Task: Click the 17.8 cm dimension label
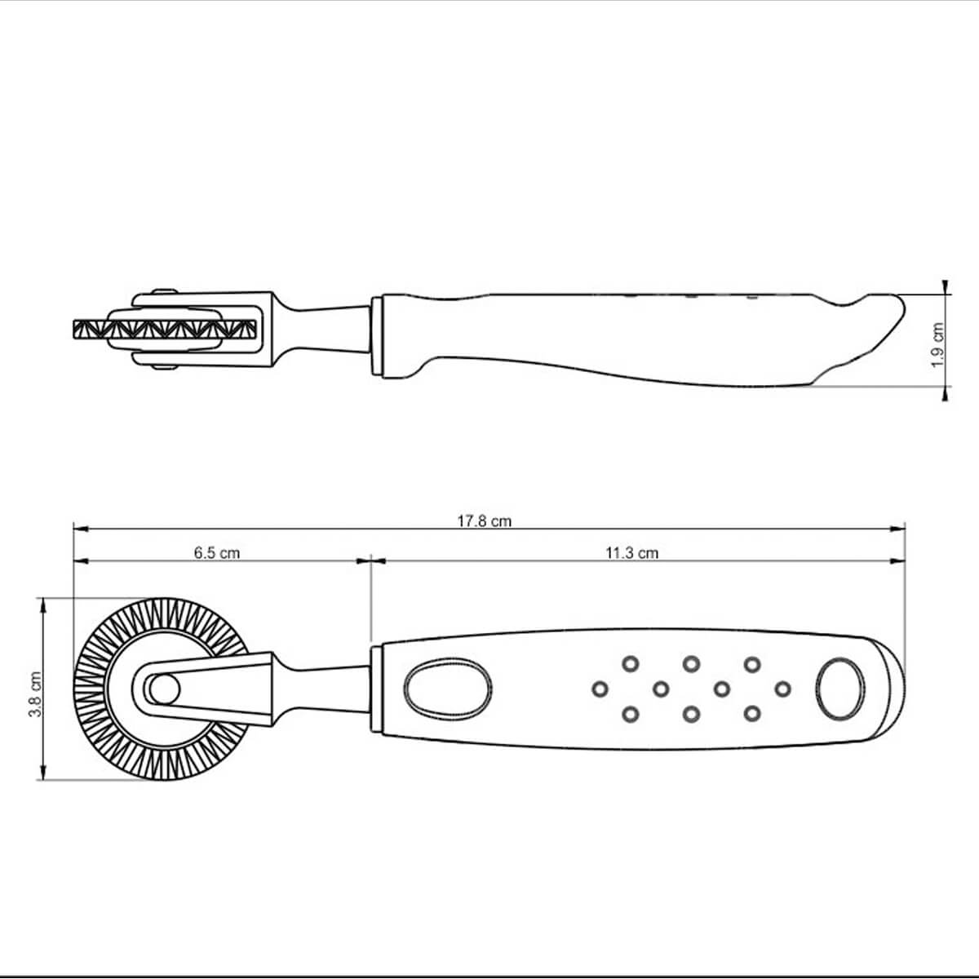pyautogui.click(x=484, y=521)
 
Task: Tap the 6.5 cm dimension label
pyautogui.click(x=216, y=553)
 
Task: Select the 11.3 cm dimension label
pyautogui.click(x=631, y=553)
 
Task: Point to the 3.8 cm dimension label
pyautogui.click(x=34, y=694)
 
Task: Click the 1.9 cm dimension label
pyautogui.click(x=938, y=345)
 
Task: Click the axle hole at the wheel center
pyautogui.click(x=164, y=689)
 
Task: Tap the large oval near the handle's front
pyautogui.click(x=448, y=689)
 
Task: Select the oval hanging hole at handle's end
pyautogui.click(x=839, y=689)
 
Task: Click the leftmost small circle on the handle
pyautogui.click(x=600, y=689)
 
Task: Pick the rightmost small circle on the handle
pyautogui.click(x=782, y=689)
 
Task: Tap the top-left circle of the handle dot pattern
pyautogui.click(x=631, y=664)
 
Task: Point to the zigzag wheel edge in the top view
pyautogui.click(x=165, y=330)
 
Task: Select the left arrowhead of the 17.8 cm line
pyautogui.click(x=81, y=529)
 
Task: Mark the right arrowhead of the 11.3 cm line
pyautogui.click(x=897, y=560)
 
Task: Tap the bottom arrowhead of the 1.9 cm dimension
pyautogui.click(x=945, y=393)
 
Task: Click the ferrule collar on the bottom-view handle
pyautogui.click(x=376, y=689)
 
